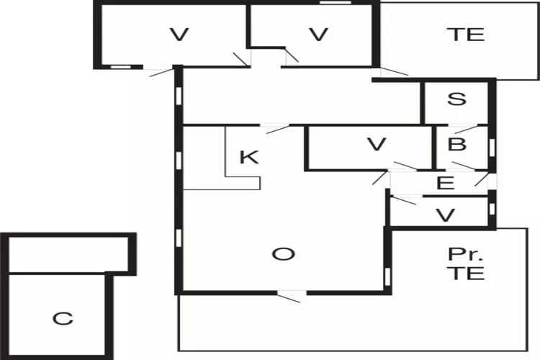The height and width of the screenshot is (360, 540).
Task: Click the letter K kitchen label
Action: [249, 157]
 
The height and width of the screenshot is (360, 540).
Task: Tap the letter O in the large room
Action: [284, 254]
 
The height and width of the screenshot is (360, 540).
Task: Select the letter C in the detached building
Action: [63, 319]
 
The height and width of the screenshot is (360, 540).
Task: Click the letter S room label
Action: [456, 99]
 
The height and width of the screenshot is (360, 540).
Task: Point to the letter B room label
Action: [457, 144]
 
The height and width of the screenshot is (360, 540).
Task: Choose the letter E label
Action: [445, 183]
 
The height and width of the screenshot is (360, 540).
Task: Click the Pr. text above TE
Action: [466, 254]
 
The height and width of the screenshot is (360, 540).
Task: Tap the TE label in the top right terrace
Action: [466, 35]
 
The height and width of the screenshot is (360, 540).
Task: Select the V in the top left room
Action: [179, 35]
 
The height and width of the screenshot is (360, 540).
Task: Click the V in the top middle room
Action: [318, 35]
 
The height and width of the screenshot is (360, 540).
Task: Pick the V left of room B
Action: [377, 144]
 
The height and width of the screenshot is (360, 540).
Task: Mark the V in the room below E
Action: [445, 216]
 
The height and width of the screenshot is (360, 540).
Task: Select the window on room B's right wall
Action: [492, 146]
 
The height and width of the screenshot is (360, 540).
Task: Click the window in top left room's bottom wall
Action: [120, 67]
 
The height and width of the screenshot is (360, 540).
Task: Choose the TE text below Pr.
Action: [467, 272]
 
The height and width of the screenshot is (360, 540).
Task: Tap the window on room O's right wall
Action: [387, 276]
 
